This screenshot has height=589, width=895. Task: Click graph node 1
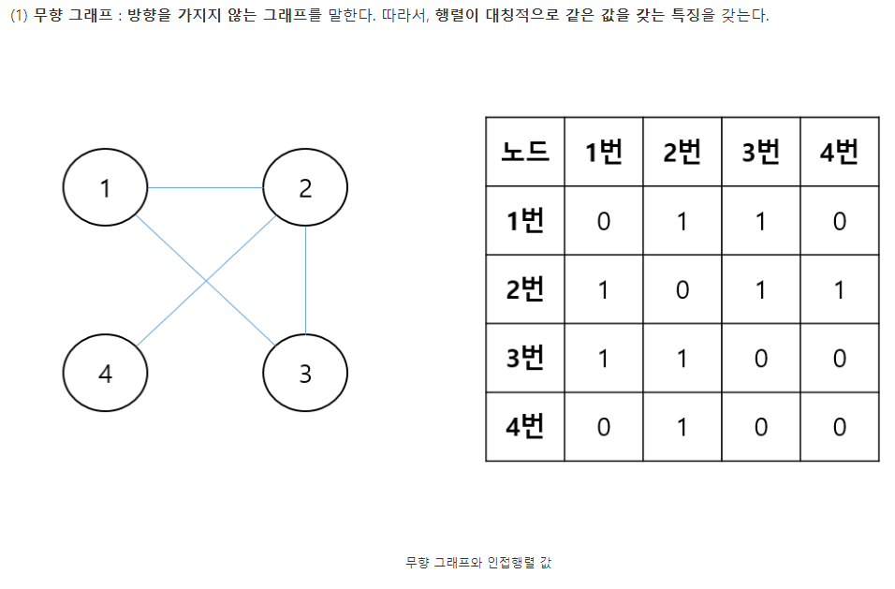click(105, 187)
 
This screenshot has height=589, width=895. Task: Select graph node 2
click(305, 187)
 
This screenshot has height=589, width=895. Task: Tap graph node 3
click(305, 373)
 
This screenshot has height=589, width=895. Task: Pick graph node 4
click(105, 373)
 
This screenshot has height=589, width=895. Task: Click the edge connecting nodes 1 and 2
click(205, 188)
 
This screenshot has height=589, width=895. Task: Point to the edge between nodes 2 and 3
click(305, 280)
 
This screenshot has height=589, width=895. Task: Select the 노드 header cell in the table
click(524, 152)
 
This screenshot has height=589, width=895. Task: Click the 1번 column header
click(603, 152)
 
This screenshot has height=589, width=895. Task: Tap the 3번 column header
click(760, 152)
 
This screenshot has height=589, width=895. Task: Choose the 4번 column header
click(839, 152)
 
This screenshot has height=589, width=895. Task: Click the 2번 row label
click(524, 289)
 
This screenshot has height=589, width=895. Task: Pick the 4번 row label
click(524, 427)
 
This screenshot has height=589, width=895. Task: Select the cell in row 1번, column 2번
click(682, 221)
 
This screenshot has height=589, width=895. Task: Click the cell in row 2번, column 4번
click(839, 289)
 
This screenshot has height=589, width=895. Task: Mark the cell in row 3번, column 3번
click(760, 358)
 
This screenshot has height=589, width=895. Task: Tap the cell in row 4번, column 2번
click(682, 427)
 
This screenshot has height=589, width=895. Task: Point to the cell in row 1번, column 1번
click(603, 221)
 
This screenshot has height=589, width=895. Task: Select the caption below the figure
click(478, 562)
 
